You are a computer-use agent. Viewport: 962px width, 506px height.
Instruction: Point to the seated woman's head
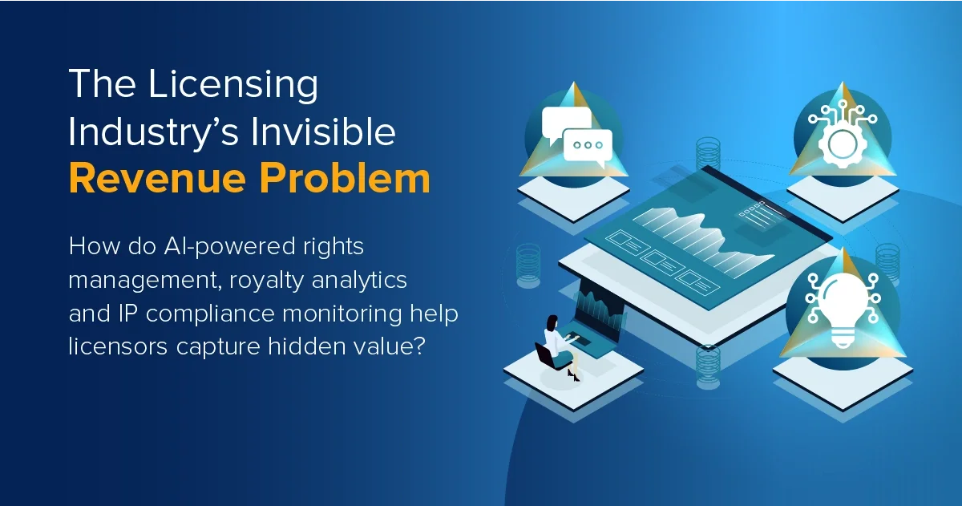(552, 321)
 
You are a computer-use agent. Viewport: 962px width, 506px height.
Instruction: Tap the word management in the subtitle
(136, 281)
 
